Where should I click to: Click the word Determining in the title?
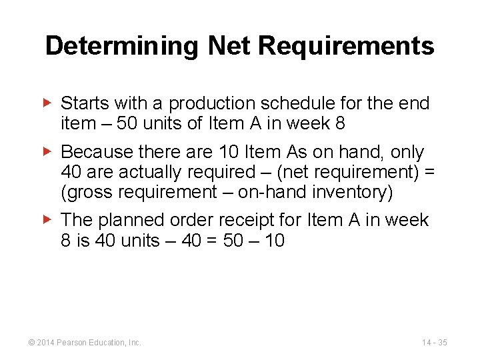(122, 46)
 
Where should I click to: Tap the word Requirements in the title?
(345, 46)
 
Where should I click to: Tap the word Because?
(95, 153)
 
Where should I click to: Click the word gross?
(86, 192)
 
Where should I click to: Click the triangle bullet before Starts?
(47, 103)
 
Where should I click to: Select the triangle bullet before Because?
(47, 152)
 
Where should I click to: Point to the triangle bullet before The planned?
(47, 219)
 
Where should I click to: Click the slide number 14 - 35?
(434, 343)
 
